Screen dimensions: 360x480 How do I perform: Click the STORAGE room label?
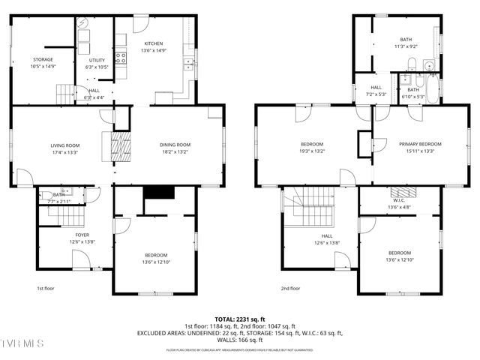pyautogui.click(x=42, y=59)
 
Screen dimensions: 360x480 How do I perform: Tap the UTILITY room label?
pyautogui.click(x=96, y=60)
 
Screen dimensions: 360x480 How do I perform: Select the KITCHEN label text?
pyautogui.click(x=154, y=43)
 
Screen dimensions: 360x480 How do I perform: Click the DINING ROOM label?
pyautogui.click(x=175, y=145)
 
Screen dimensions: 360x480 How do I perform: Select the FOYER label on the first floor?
pyautogui.click(x=82, y=235)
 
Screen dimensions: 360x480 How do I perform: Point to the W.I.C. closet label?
pyautogui.click(x=398, y=199)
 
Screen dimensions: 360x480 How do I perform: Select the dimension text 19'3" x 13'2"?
pyautogui.click(x=312, y=151)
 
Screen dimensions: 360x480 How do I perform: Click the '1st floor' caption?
pyautogui.click(x=46, y=288)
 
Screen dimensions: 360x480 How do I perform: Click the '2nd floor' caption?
pyautogui.click(x=290, y=288)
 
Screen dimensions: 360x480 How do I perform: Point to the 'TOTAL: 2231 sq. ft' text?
pyautogui.click(x=239, y=319)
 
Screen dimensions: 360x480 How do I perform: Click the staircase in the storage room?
pyautogui.click(x=67, y=94)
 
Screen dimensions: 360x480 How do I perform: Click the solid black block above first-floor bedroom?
pyautogui.click(x=158, y=193)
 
